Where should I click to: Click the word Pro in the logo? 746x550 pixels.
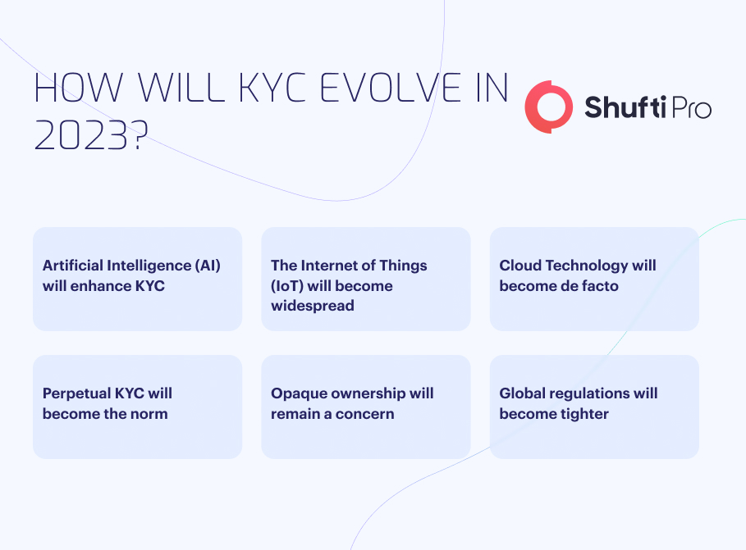[691, 108]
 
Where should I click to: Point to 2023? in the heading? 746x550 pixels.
[91, 135]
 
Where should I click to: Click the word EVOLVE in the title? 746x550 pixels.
[390, 88]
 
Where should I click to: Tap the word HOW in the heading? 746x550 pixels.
[79, 88]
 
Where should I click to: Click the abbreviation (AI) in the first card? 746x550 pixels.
[208, 266]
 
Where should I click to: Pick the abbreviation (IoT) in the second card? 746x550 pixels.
[287, 286]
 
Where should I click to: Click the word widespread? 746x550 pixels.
[313, 305]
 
